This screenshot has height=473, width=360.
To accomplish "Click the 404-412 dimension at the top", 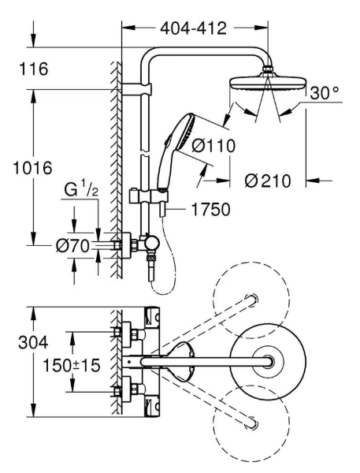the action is click(193, 28).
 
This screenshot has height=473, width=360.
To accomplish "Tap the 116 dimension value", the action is click(34, 69).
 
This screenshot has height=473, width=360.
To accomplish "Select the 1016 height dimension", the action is click(32, 168).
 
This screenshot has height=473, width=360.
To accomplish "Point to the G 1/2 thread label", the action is click(81, 190).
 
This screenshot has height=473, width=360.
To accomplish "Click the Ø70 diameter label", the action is click(73, 245).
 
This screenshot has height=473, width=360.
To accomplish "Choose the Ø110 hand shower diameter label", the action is click(213, 146).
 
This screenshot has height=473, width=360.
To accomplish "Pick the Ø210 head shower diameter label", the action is click(268, 181).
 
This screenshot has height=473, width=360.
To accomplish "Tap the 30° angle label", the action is click(324, 93).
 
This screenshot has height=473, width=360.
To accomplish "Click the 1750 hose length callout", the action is click(211, 210).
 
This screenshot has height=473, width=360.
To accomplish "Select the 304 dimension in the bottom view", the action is click(33, 342).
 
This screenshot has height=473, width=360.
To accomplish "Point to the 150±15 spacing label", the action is click(72, 365).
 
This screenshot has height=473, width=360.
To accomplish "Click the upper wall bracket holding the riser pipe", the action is click(136, 88).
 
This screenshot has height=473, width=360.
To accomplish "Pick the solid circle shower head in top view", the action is click(268, 361).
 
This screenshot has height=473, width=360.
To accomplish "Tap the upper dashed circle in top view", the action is click(251, 300).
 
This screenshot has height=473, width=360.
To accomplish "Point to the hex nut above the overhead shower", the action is click(268, 69).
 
